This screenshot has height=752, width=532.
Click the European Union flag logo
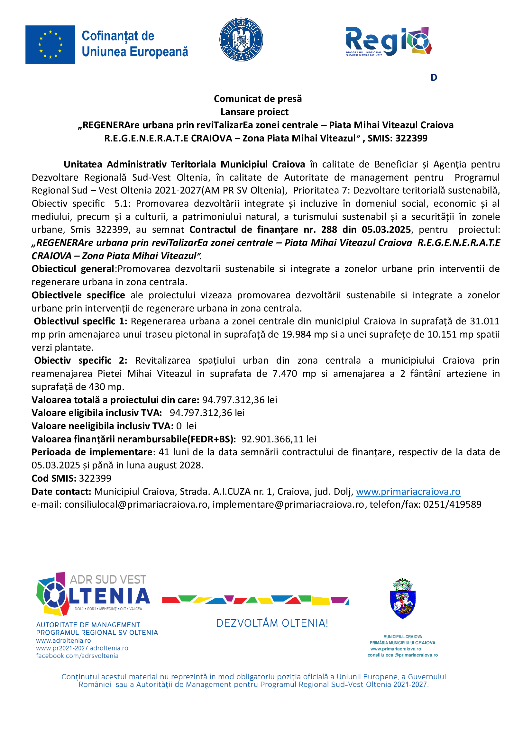[x=50, y=45]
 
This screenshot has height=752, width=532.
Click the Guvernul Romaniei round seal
[x=241, y=39]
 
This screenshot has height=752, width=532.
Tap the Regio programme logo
[x=389, y=41]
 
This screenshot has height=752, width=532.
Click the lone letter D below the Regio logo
[x=434, y=77]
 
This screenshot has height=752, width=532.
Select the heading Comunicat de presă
[x=258, y=99]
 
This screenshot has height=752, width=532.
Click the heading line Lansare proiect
[x=254, y=112]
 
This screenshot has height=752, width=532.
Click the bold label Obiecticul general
[x=73, y=269]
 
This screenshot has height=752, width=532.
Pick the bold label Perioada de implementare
[x=92, y=452]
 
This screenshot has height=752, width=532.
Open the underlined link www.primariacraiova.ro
[x=408, y=492]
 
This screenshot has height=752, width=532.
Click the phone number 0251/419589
[x=452, y=504]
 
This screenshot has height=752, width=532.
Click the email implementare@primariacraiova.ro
[x=288, y=504]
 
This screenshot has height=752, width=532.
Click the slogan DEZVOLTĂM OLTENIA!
[x=272, y=623]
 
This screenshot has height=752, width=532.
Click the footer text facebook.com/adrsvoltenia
[x=77, y=656]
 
